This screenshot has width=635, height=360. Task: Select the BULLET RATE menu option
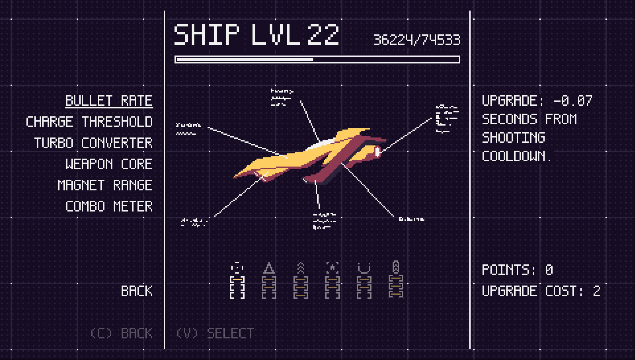[109, 101]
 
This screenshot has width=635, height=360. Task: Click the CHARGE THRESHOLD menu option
[89, 122]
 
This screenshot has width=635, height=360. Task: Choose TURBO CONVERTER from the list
[93, 143]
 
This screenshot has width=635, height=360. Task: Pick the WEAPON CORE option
[109, 164]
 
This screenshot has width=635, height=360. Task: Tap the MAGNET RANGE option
[105, 186]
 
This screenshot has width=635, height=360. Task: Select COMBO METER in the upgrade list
[109, 207]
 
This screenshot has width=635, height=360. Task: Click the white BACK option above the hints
[137, 291]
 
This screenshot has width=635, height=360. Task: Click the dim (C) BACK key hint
[121, 333]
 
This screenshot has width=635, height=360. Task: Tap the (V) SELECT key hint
[215, 333]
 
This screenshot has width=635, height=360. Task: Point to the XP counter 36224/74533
[417, 40]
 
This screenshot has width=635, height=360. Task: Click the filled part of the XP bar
[245, 59]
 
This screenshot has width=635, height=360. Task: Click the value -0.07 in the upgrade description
[573, 101]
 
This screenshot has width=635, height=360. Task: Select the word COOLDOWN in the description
[516, 156]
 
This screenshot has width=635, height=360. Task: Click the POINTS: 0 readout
[517, 270]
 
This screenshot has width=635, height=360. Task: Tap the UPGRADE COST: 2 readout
[541, 291]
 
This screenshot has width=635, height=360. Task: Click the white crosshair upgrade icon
[237, 267]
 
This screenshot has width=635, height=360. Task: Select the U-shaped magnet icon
[364, 267]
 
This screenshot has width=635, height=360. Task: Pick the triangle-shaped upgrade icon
[269, 267]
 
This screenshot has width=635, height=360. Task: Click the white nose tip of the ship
[378, 152]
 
